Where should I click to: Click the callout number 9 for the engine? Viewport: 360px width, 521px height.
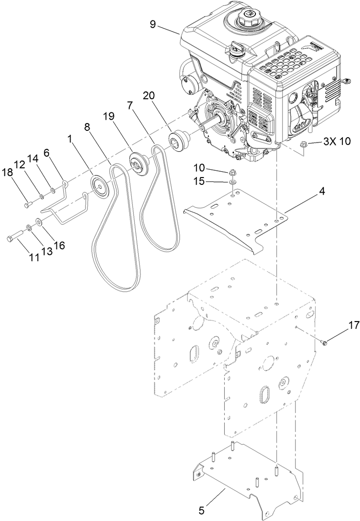[153, 24]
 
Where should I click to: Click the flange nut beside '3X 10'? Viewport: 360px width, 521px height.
[303, 144]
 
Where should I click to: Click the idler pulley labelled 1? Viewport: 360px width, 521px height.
[101, 186]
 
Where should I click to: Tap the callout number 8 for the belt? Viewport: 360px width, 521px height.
[87, 127]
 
